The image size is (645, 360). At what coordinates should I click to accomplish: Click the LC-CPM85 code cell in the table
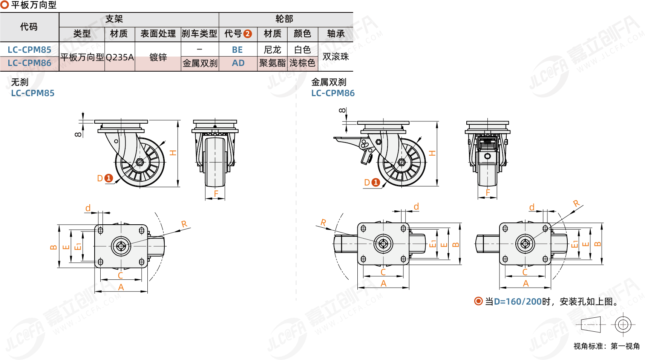29,49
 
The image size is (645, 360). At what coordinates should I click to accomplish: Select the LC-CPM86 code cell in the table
29,63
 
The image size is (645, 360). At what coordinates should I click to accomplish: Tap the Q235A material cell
120,57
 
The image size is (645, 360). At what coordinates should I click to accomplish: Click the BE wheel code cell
237,50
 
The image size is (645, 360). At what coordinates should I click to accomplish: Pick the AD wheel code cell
238,63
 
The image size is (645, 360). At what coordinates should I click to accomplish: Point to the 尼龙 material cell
272,50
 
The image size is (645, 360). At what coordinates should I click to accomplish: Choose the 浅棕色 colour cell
302,63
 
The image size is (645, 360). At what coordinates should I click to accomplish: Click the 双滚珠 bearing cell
336,57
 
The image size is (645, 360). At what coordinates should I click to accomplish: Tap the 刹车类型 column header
199,34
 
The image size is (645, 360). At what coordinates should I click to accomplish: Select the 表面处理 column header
158,34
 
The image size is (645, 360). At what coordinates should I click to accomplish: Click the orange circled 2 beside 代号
248,34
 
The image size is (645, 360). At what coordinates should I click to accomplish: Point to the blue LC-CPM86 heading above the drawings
333,93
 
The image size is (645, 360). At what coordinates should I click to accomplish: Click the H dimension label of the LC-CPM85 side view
173,153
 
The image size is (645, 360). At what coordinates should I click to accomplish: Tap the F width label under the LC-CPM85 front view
216,193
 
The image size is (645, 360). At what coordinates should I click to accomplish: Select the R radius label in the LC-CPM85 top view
184,224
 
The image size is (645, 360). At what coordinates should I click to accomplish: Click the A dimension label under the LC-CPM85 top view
121,287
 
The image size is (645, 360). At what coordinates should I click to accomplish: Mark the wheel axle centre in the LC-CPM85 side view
140,162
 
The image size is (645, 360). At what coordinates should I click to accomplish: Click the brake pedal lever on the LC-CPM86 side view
343,140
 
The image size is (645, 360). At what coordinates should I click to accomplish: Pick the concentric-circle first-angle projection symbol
623,325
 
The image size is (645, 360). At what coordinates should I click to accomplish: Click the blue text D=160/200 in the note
518,302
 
